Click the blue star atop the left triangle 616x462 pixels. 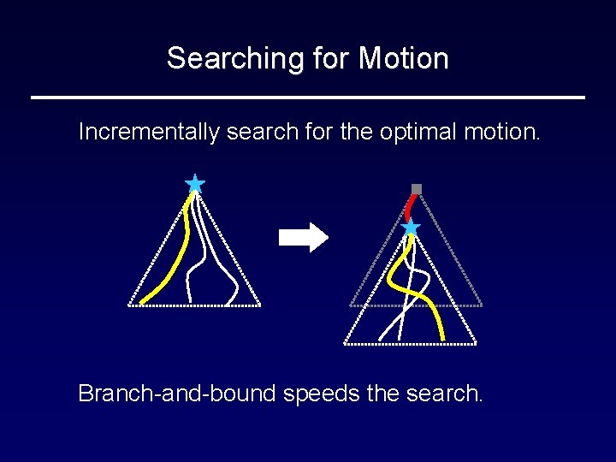tap(195, 184)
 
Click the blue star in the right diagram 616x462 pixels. tap(411, 227)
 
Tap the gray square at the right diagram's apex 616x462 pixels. tap(417, 189)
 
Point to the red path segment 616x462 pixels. tap(412, 206)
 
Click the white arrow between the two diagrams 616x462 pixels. tap(304, 237)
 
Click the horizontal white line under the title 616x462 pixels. tap(308, 98)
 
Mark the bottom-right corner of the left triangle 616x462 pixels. tap(259, 305)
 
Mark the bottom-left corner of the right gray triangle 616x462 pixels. tap(351, 305)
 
